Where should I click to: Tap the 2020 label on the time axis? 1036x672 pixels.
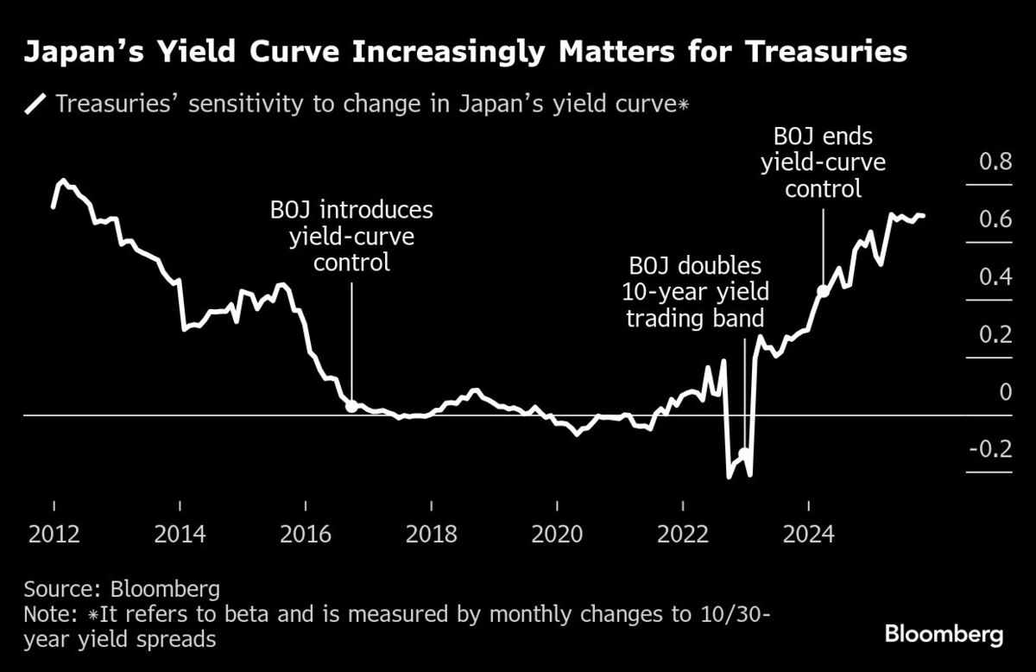557,533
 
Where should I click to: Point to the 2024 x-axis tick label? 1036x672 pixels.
808,533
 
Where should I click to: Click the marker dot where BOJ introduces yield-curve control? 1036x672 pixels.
351,405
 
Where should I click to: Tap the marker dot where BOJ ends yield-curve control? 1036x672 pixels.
823,291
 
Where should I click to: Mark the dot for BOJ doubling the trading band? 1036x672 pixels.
744,452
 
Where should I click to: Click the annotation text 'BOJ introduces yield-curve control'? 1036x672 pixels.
351,236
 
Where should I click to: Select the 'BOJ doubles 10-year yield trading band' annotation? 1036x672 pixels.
695,292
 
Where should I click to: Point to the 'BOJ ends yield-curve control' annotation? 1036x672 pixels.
823,162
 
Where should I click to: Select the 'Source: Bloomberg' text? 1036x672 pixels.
122,590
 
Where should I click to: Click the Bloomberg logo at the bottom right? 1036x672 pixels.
944,635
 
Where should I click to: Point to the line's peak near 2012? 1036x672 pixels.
62,181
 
